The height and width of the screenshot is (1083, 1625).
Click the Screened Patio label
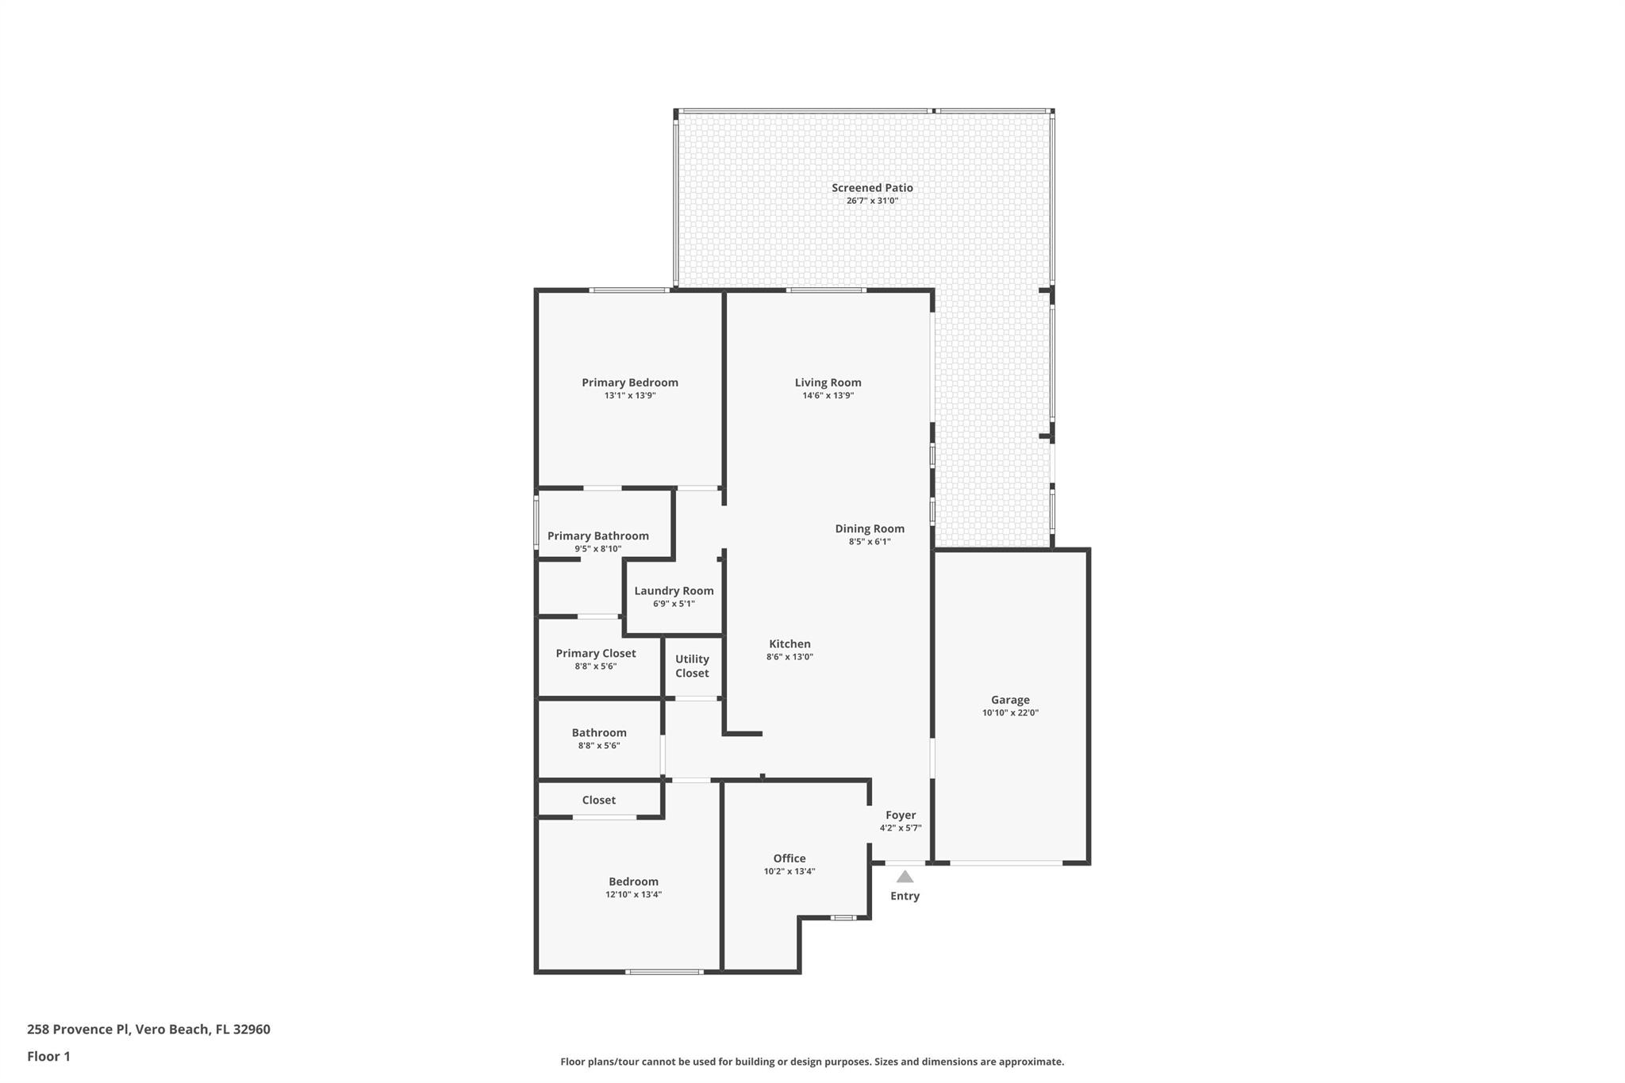coord(872,188)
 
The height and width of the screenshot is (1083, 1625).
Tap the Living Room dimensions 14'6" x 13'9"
coord(828,395)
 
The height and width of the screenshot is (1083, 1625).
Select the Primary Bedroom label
coord(629,382)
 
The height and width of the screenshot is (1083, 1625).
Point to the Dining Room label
coord(869,528)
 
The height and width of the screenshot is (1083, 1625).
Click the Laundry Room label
coord(674,590)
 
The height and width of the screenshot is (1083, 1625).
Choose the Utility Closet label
coord(692,666)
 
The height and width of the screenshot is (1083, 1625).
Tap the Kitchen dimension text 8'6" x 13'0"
coord(789,657)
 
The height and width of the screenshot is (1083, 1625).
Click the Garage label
coord(1009,700)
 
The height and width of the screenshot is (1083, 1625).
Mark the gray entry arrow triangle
coord(905,877)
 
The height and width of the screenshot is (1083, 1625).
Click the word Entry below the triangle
coord(905,896)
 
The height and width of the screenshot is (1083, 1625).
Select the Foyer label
coord(900,815)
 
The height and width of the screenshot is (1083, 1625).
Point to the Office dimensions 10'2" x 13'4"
coord(789,871)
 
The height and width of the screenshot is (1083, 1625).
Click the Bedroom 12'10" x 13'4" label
coord(633,881)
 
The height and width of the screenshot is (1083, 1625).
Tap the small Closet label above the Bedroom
coord(598,800)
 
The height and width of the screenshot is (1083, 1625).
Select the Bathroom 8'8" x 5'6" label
coord(598,733)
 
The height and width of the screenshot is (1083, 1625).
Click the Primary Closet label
coord(595,653)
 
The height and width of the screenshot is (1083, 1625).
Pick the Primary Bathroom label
coord(597,536)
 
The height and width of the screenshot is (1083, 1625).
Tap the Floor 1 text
coord(48,1056)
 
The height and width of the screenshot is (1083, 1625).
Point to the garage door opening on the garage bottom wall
coord(1005,862)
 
